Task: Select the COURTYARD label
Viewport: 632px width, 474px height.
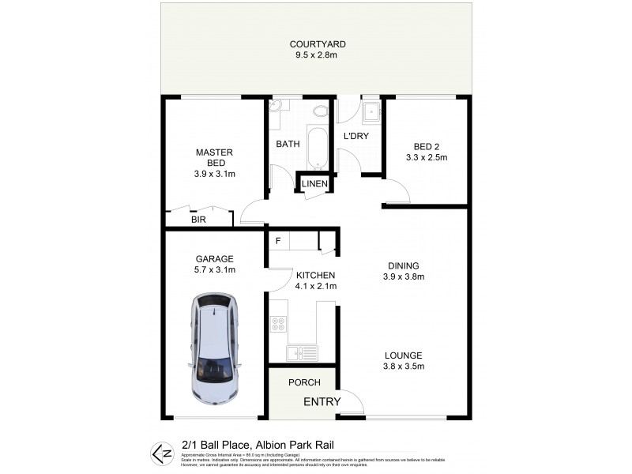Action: [318, 44]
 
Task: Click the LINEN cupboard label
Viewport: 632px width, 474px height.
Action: [314, 184]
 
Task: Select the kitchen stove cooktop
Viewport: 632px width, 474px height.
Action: [278, 325]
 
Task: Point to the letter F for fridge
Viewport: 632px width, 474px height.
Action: [278, 240]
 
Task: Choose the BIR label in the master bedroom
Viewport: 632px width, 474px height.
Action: [198, 220]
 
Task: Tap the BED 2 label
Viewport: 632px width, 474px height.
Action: [431, 145]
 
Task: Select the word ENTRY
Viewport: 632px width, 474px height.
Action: [322, 402]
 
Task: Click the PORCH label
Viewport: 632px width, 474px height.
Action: [303, 383]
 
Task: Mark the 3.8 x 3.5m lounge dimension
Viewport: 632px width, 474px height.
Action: [404, 367]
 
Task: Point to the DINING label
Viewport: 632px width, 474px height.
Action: [404, 265]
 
